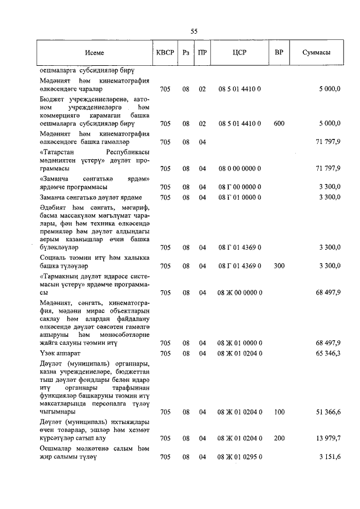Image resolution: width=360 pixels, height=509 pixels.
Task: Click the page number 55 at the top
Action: point(194,31)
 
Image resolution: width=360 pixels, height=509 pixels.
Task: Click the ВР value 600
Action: point(279,123)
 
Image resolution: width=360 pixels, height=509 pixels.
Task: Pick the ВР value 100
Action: point(279,412)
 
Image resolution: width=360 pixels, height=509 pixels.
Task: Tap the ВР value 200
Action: point(279,438)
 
